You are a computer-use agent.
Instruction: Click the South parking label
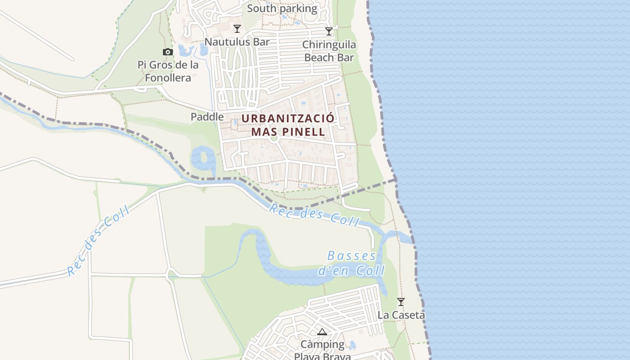pyautogui.click(x=282, y=8)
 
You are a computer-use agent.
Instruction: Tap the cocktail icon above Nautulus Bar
pyautogui.click(x=237, y=29)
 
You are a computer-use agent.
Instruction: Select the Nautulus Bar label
pyautogui.click(x=237, y=42)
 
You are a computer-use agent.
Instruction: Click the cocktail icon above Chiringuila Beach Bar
pyautogui.click(x=329, y=31)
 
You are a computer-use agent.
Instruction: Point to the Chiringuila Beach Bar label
pyautogui.click(x=329, y=51)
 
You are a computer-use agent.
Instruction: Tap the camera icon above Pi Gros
pyautogui.click(x=168, y=52)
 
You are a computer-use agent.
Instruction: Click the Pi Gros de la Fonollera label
pyautogui.click(x=168, y=71)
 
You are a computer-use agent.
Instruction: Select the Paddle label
pyautogui.click(x=207, y=117)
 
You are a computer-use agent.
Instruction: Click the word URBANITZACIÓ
pyautogui.click(x=288, y=118)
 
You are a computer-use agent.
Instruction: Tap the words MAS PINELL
pyautogui.click(x=288, y=132)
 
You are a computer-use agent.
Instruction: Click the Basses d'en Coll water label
pyautogui.click(x=351, y=263)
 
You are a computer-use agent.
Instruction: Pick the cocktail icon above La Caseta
pyautogui.click(x=400, y=301)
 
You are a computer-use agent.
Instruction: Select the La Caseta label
pyautogui.click(x=401, y=315)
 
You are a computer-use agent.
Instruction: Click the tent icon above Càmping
pyautogui.click(x=322, y=332)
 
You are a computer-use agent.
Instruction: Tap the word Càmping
pyautogui.click(x=322, y=345)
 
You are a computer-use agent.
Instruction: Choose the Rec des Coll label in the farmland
pyautogui.click(x=98, y=240)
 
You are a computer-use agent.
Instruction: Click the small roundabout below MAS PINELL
pyautogui.click(x=273, y=139)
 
